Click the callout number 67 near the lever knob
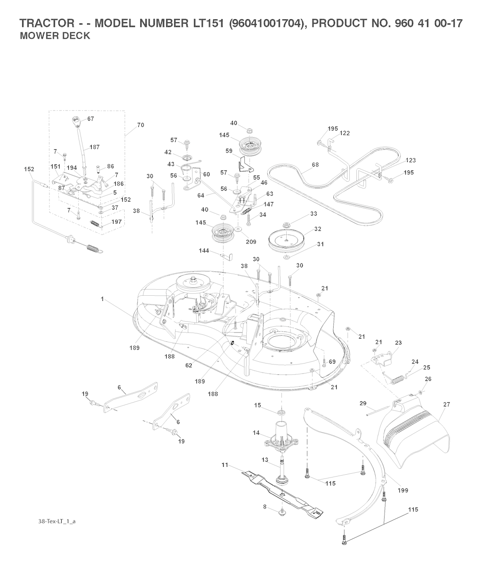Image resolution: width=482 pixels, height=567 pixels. pyautogui.click(x=90, y=119)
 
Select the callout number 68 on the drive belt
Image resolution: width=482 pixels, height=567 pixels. pyautogui.click(x=315, y=165)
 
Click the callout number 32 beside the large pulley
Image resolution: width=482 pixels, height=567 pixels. pyautogui.click(x=318, y=229)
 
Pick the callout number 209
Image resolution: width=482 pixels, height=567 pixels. pyautogui.click(x=251, y=242)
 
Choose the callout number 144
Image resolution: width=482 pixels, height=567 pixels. pyautogui.click(x=204, y=251)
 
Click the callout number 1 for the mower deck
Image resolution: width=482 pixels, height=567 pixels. pyautogui.click(x=102, y=299)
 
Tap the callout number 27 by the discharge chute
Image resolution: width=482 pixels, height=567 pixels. pyautogui.click(x=447, y=404)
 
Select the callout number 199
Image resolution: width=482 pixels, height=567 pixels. pyautogui.click(x=403, y=490)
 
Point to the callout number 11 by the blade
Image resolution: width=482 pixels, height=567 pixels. pyautogui.click(x=225, y=465)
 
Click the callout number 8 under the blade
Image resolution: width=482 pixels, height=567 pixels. pyautogui.click(x=265, y=507)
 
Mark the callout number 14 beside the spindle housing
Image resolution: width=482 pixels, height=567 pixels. pyautogui.click(x=256, y=432)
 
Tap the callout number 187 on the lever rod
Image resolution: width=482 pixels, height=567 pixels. pyautogui.click(x=95, y=147)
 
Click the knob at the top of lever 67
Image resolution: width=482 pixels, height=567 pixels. pyautogui.click(x=76, y=121)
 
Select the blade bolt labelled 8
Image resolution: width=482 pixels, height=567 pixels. pyautogui.click(x=281, y=511)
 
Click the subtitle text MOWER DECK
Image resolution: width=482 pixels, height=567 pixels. pyautogui.click(x=55, y=36)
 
